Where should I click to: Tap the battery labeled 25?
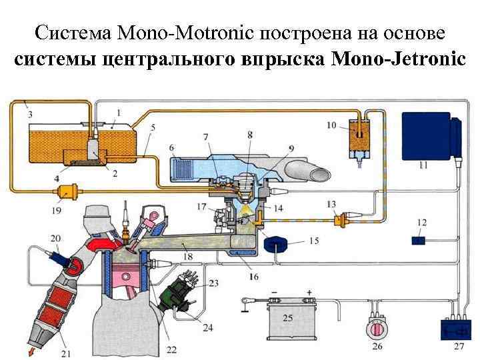[287, 321]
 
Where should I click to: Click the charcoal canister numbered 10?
[360, 139]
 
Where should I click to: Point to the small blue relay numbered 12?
[419, 240]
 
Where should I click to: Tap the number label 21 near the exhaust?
[65, 352]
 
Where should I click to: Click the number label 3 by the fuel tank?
[30, 115]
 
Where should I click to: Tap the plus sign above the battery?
[309, 292]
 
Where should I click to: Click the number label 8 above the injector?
[250, 135]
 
